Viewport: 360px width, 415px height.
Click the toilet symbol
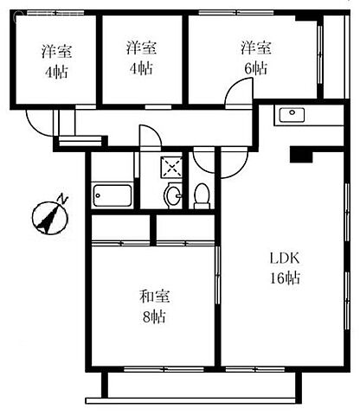pos(202,196)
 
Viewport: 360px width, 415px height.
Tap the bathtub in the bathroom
pos(112,195)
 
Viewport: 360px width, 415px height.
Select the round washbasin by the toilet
pos(173,195)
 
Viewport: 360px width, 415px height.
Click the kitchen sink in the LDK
pos(292,115)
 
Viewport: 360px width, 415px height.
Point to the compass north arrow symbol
pos(50,218)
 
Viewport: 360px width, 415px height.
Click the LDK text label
pos(285,259)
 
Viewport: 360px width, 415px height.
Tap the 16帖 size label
pos(285,278)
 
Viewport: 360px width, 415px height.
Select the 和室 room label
pos(155,297)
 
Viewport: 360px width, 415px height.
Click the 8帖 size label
pos(154,317)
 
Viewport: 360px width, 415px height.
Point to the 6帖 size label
pos(255,68)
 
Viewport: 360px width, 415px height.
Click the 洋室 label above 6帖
pos(256,48)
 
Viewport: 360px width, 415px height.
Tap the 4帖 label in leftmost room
pos(56,72)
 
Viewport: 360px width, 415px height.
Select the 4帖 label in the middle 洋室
pos(141,68)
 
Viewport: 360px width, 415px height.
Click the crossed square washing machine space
pos(171,167)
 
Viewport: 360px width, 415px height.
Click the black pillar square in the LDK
pos(301,155)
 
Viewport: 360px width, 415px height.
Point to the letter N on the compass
pos(62,199)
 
